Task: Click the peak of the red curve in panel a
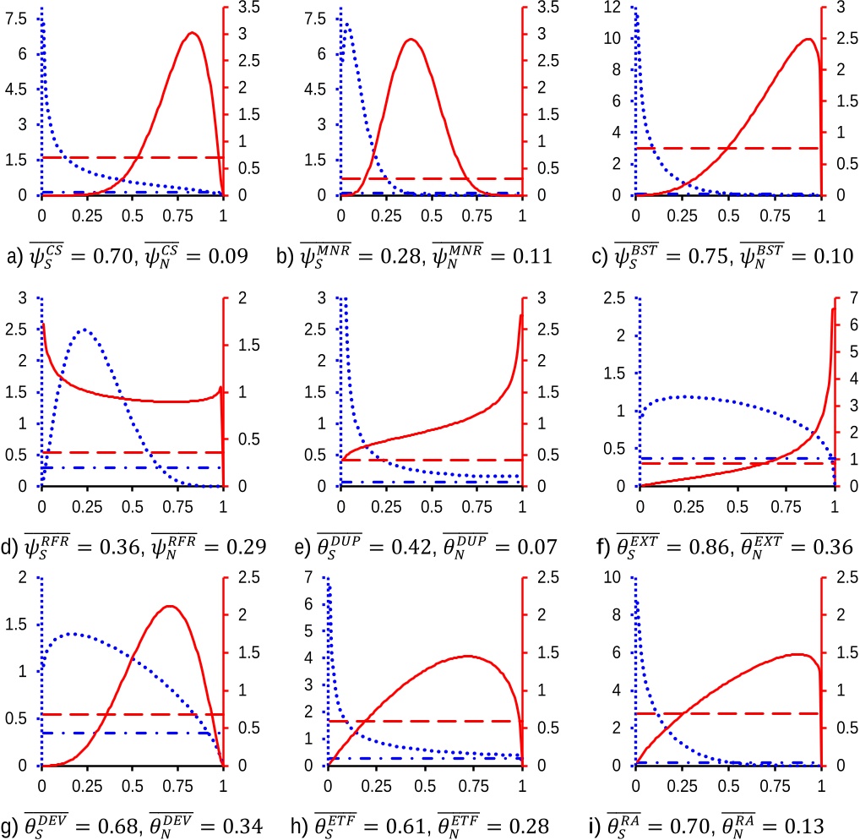pos(192,33)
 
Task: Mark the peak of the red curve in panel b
pos(411,40)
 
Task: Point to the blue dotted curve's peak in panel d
pos(84,330)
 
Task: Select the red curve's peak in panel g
pos(170,606)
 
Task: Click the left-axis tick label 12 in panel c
pos(612,7)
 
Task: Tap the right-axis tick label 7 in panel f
pos(853,298)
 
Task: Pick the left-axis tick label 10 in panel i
pos(612,577)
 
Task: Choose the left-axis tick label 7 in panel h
pos(309,577)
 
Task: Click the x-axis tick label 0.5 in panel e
pos(432,506)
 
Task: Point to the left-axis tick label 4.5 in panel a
pos(15,89)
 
